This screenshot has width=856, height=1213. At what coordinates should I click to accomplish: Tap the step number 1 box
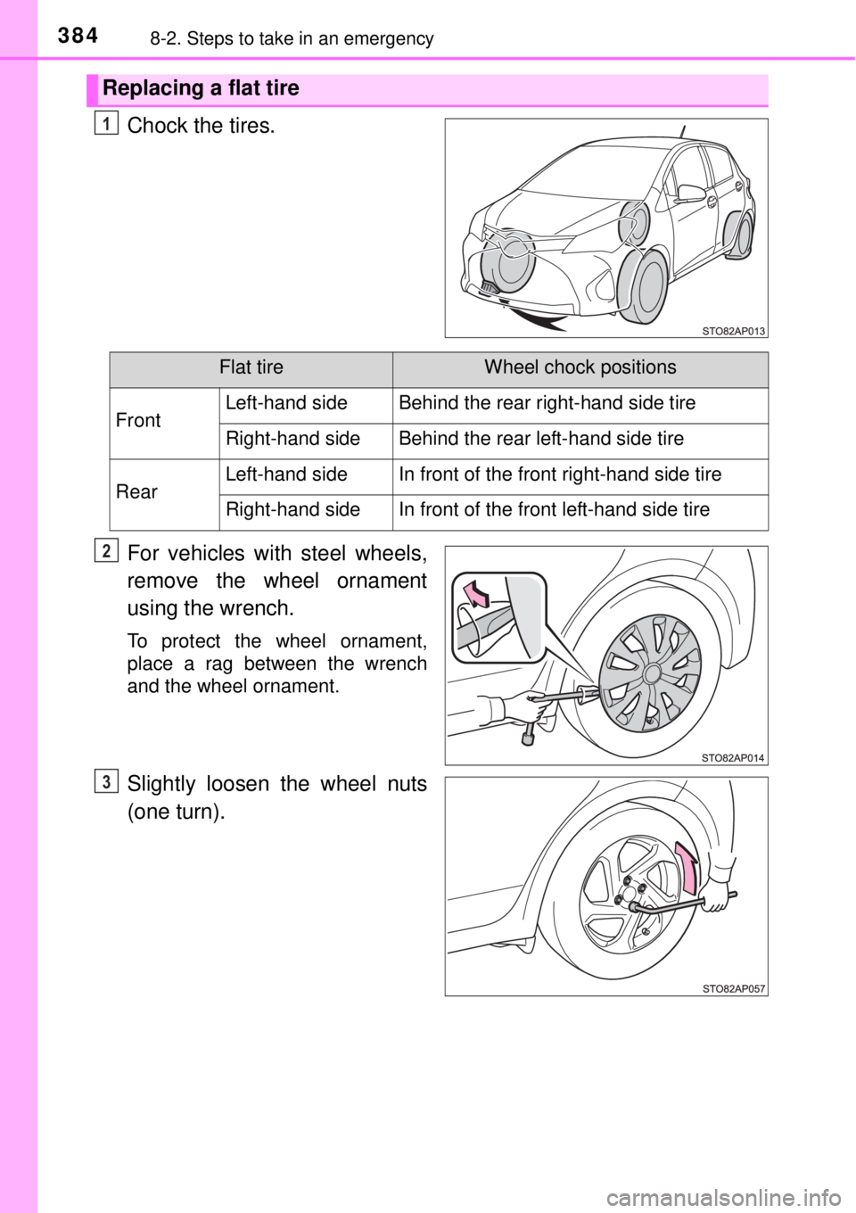tap(105, 125)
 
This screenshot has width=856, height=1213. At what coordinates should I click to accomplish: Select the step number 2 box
tap(105, 552)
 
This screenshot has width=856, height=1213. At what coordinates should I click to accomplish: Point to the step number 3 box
tap(105, 782)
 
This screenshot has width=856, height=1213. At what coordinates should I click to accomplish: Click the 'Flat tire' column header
tap(251, 367)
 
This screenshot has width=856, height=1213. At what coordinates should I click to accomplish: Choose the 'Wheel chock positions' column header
tap(580, 367)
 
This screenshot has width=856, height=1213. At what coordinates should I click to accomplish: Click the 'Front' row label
tap(138, 421)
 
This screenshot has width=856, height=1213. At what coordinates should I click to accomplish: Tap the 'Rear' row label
tap(136, 492)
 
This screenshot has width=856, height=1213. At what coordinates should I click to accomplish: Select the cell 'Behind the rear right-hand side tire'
tap(547, 403)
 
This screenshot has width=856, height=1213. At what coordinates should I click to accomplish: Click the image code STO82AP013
tap(733, 329)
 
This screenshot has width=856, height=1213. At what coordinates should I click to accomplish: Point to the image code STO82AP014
tap(733, 756)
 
